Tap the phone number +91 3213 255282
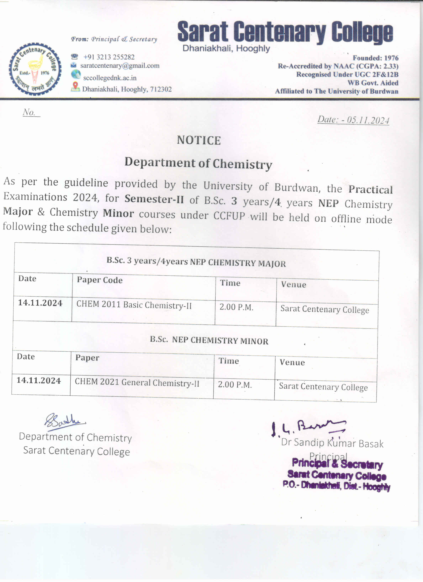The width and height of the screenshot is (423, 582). click(109, 57)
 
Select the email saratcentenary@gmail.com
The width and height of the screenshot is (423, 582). click(120, 66)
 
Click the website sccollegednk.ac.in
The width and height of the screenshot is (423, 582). click(110, 78)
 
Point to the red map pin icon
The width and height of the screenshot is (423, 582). click(75, 86)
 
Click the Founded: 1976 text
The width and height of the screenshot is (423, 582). click(375, 58)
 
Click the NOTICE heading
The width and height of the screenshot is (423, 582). click(199, 140)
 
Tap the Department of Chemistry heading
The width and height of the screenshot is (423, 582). click(198, 163)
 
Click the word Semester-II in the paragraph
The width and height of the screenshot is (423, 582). click(154, 199)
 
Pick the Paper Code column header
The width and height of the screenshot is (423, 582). click(100, 280)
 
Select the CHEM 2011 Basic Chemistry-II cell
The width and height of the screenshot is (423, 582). click(134, 305)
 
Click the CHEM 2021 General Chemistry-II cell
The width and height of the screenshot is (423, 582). click(137, 383)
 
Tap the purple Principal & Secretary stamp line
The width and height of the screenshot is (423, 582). click(337, 464)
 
